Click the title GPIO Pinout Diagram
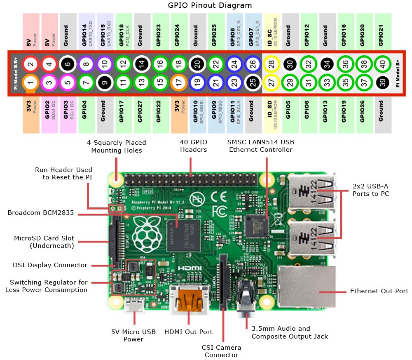210,5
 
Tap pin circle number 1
30,83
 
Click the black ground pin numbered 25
252,83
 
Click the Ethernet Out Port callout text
379,291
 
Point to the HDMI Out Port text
188,332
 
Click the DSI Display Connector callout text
51,265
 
